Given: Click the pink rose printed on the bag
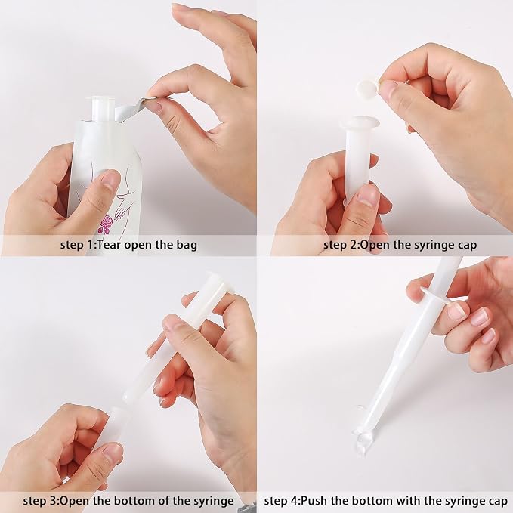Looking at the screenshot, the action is coord(105,224).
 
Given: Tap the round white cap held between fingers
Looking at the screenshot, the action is coord(368,88).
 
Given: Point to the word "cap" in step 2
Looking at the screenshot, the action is coord(465,246).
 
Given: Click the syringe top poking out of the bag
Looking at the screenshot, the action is coord(103,108).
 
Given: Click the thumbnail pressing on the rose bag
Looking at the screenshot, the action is coord(110,181).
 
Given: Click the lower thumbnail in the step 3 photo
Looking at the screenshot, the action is coord(112,453).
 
